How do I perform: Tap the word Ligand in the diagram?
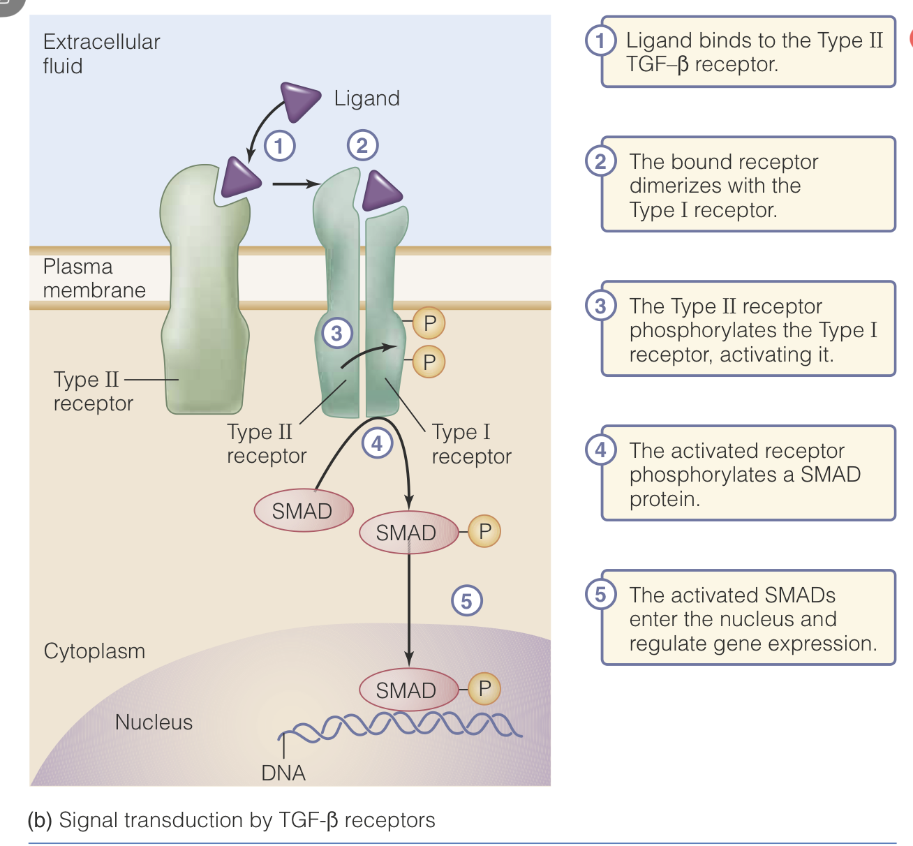tap(366, 98)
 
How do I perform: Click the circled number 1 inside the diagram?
tap(279, 146)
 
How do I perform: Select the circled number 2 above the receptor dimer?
tap(362, 146)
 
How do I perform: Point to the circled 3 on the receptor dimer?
tap(336, 333)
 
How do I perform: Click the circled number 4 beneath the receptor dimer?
tap(377, 443)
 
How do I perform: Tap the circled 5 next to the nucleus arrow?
tap(466, 600)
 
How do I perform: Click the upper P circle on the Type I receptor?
tap(429, 323)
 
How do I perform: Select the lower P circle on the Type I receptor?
tap(429, 362)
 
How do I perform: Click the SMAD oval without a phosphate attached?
tap(302, 511)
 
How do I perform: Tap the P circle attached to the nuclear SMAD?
tap(484, 688)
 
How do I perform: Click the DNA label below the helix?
tap(283, 773)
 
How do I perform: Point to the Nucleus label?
tap(154, 722)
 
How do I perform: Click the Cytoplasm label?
tap(94, 651)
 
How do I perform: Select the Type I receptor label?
tap(471, 444)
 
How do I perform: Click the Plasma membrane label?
tap(94, 278)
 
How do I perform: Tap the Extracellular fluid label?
tap(101, 54)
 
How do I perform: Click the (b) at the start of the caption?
tap(40, 819)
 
